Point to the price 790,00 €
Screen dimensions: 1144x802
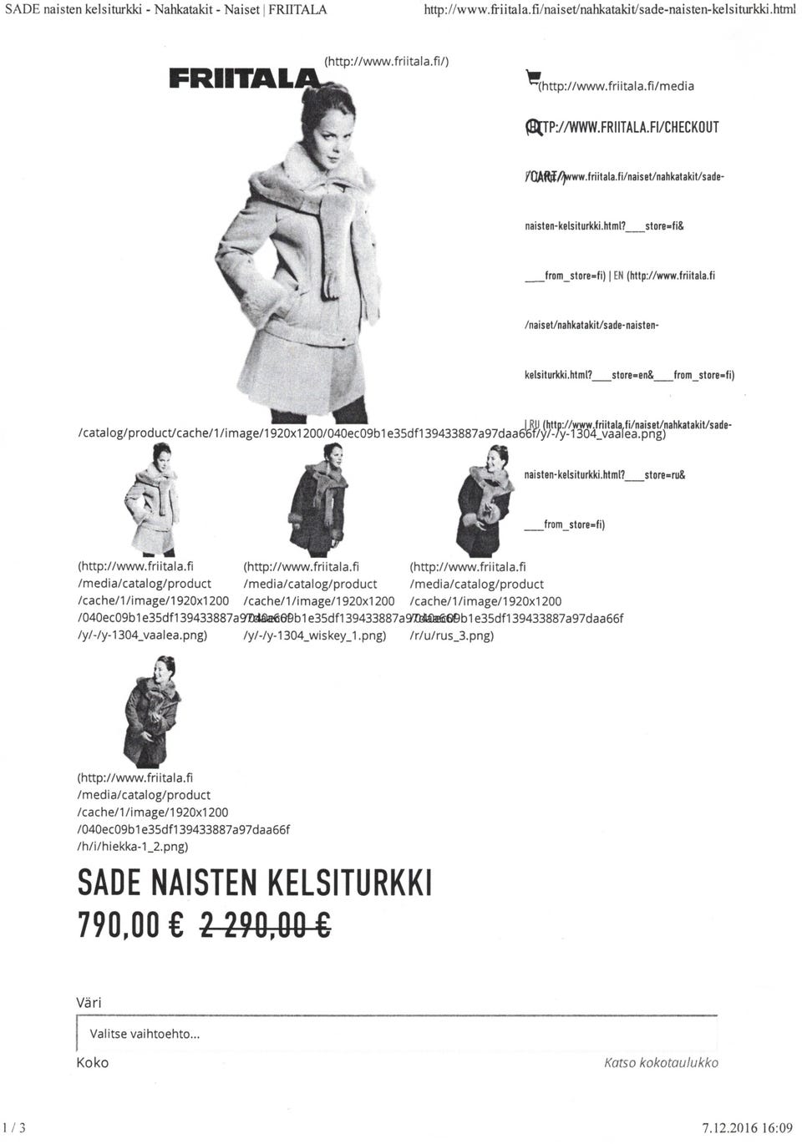[x=130, y=924]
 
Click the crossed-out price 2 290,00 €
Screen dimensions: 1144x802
[x=266, y=924]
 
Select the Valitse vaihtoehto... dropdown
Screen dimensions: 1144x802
[x=396, y=1034]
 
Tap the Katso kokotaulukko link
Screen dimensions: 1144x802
[x=661, y=1063]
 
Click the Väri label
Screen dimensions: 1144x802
[x=89, y=1002]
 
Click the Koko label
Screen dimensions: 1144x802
[x=92, y=1063]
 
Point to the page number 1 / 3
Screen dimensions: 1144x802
[x=14, y=1128]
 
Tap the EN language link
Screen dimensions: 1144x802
[x=618, y=276]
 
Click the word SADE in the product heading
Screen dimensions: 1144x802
[x=108, y=883]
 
